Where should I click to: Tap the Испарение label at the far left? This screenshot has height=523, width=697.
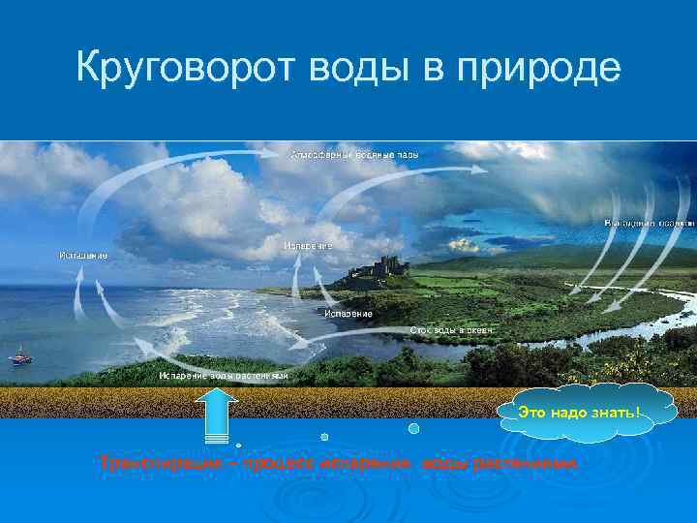[x=83, y=255]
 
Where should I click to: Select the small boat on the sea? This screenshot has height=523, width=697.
[x=19, y=357]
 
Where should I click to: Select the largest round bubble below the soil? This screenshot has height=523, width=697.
[x=414, y=428]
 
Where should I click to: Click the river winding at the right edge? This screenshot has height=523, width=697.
[x=620, y=334]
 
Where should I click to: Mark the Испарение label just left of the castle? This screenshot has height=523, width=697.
[x=309, y=246]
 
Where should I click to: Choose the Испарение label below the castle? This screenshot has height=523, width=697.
[x=348, y=313]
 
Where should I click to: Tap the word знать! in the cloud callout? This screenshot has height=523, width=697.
[x=616, y=415]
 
